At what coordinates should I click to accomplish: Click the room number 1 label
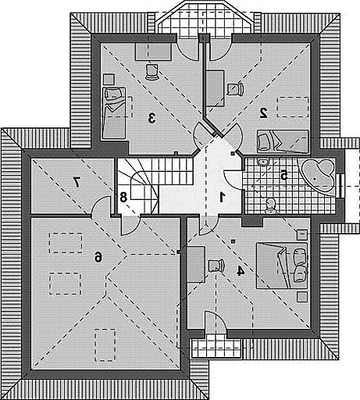click(x=222, y=197)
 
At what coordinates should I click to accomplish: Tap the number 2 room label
click(x=263, y=113)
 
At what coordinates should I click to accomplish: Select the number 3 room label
click(x=151, y=118)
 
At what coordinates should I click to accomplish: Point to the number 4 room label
click(x=241, y=271)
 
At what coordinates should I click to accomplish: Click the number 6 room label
click(x=98, y=257)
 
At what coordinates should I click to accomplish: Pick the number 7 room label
click(x=77, y=182)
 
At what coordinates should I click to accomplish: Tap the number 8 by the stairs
click(x=123, y=197)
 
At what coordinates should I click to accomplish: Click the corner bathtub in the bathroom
click(x=316, y=176)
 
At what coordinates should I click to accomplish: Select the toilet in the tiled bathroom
click(x=271, y=205)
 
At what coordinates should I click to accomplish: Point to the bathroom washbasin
click(x=263, y=162)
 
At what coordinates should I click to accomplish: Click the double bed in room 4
click(x=282, y=266)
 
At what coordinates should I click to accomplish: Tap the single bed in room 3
click(x=114, y=113)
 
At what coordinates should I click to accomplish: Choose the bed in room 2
click(x=283, y=141)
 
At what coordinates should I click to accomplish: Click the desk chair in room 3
click(x=151, y=72)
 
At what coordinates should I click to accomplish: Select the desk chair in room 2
click(x=235, y=89)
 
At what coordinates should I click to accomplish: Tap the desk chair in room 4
click(x=216, y=266)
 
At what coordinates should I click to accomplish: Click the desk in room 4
click(x=196, y=264)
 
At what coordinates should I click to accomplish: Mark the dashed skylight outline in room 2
click(x=293, y=107)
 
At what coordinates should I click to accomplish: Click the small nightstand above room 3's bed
click(x=109, y=79)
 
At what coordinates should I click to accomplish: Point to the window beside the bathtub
click(x=340, y=185)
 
